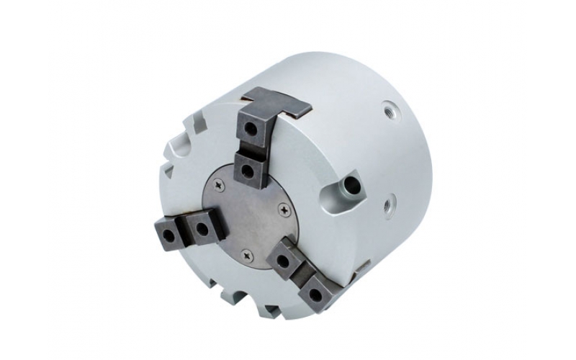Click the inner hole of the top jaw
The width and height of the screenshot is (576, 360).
click(x=248, y=170)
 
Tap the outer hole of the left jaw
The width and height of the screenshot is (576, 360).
click(x=166, y=235)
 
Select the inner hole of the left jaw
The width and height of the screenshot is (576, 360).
click(x=202, y=230)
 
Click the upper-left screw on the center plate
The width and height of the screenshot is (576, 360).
click(x=220, y=186)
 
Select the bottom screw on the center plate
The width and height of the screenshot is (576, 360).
click(x=247, y=254)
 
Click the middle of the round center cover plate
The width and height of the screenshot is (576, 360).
click(x=248, y=216)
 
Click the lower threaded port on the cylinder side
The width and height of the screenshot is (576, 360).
click(x=389, y=204)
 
